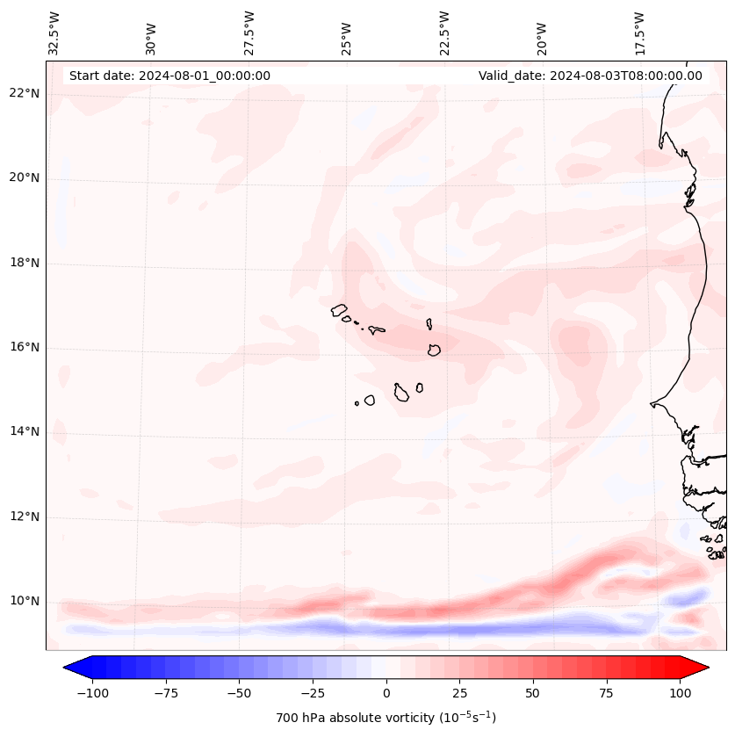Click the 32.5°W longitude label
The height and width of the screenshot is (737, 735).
(x=55, y=33)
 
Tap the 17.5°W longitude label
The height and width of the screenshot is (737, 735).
(x=640, y=33)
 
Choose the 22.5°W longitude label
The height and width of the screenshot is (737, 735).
(x=444, y=33)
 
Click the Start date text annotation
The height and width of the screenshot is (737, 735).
(x=169, y=76)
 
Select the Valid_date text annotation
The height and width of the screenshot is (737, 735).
(x=590, y=76)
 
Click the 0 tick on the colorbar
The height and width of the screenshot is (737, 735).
(x=386, y=692)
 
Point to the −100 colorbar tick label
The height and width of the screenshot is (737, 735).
(x=92, y=692)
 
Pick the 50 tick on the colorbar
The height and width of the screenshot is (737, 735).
(x=533, y=692)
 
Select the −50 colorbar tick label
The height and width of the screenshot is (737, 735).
(x=239, y=692)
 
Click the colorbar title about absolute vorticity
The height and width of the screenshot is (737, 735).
(x=386, y=718)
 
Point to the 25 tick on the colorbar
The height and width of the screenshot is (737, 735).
(x=459, y=692)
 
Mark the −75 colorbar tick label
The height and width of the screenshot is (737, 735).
(x=165, y=692)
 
